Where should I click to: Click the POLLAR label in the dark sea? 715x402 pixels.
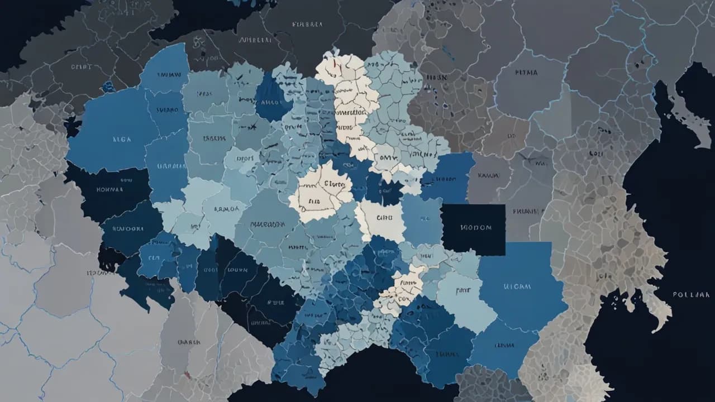tap(691, 294)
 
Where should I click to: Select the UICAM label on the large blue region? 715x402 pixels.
tap(517, 286)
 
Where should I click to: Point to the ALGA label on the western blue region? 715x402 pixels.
tap(121, 140)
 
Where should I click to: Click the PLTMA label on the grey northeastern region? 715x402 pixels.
tap(526, 73)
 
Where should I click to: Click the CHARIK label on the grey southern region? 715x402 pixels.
tap(189, 342)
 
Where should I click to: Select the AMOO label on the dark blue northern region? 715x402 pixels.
tap(273, 102)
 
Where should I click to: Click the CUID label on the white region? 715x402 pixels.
tap(385, 218)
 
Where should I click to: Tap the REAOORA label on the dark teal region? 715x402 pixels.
tap(128, 228)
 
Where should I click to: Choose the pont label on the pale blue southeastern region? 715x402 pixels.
tap(463, 290)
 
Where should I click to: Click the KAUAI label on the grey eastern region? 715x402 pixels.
tap(489, 175)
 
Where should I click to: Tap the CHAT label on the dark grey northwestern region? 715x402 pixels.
tap(82, 66)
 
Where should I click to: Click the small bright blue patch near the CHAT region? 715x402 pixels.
tap(108, 87)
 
